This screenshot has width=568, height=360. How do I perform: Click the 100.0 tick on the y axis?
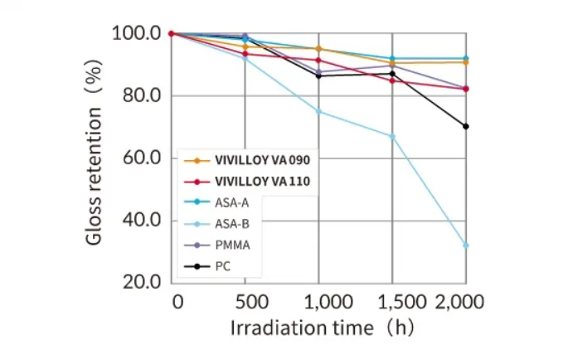137,34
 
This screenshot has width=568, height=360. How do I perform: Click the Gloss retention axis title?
95,158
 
